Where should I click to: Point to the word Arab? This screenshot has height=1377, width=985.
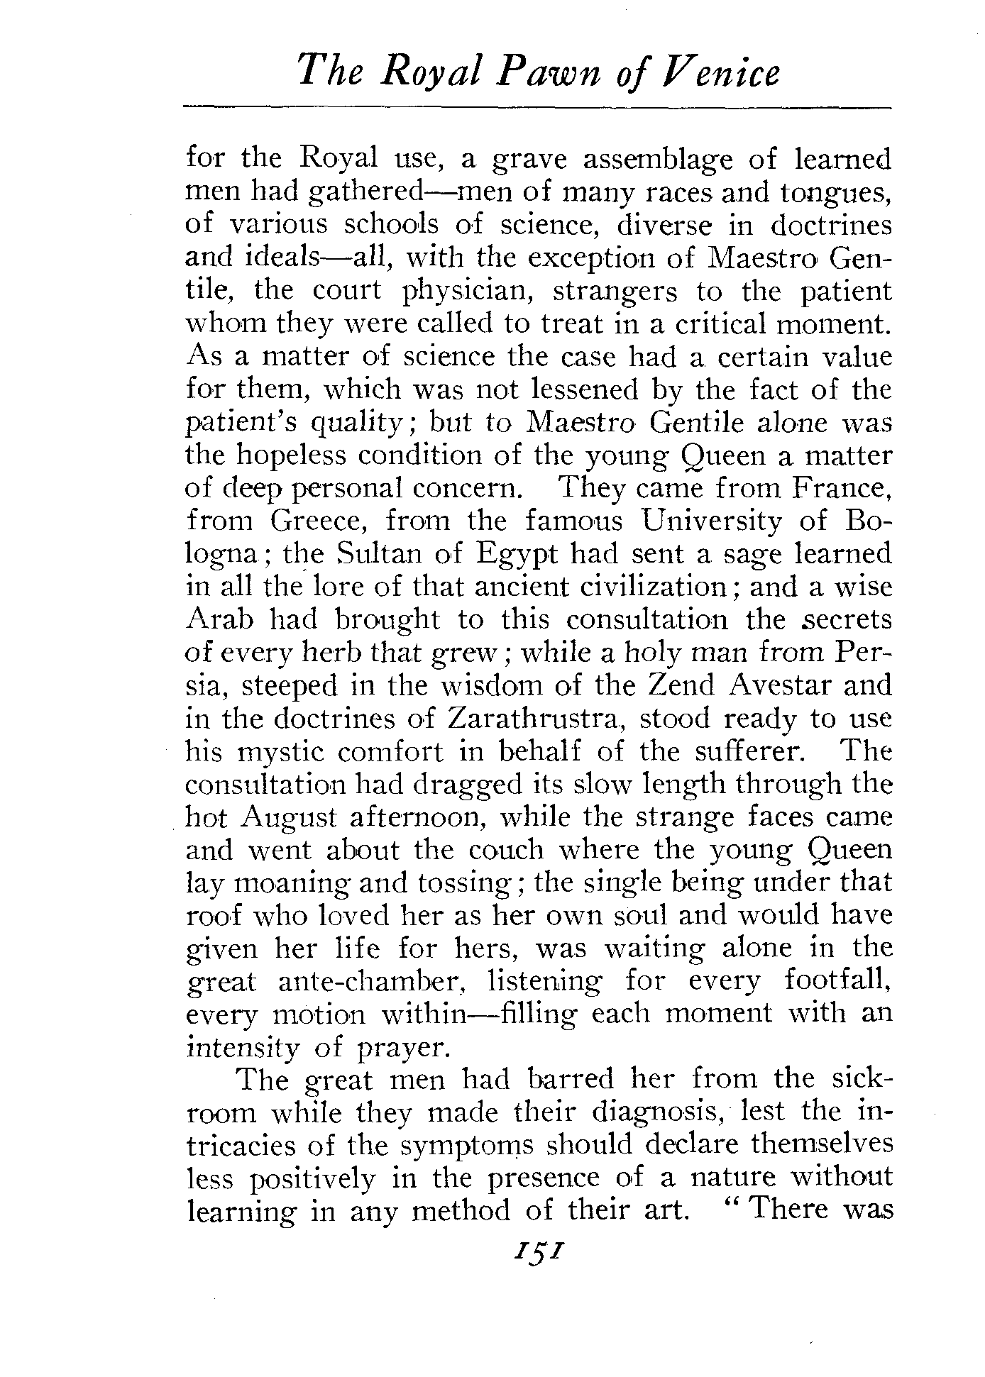tap(219, 619)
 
